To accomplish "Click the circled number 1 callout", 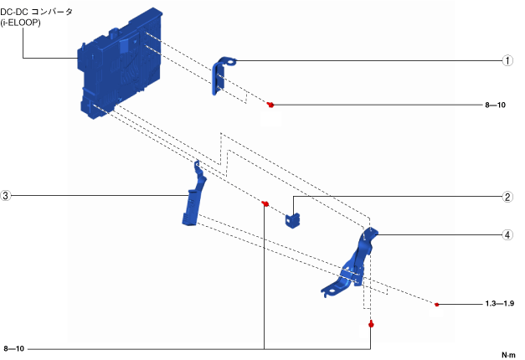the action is coord(507,60).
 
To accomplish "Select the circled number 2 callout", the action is coord(507,197).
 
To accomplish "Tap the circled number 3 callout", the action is coord(5,196).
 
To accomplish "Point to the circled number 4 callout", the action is coord(507,234).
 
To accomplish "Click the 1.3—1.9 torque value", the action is coord(500,304).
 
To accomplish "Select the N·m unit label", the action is coord(508,355).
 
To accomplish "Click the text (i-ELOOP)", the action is coord(20,23).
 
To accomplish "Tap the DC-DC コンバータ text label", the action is coord(36,12).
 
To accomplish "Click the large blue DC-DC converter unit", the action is coord(121,64).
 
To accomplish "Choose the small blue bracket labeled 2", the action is coord(292,220).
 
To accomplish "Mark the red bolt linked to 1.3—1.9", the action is coord(436,305).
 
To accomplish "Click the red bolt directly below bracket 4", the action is coord(371,324).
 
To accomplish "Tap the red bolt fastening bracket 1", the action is coord(270,105).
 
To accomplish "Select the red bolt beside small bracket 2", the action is coord(265,203).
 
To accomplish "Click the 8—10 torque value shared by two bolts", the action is coord(14,348).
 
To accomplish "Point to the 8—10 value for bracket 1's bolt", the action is coord(495,105).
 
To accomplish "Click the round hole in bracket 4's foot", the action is coord(331,291).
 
